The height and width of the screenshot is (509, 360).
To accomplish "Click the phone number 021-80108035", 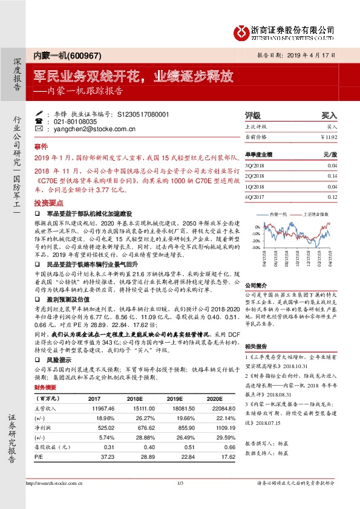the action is [x=71, y=122].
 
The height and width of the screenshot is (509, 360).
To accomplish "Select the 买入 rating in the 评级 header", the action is [x=329, y=114].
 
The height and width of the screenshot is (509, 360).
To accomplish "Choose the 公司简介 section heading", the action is [x=255, y=283].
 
